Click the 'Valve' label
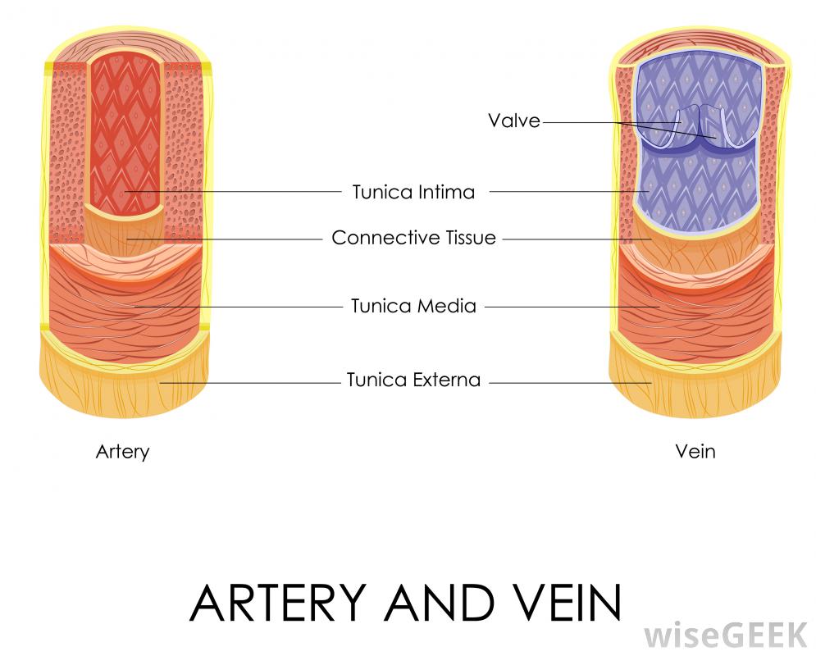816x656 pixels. [x=514, y=121]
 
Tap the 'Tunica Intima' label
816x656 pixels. [x=413, y=192]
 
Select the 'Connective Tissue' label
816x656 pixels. [x=413, y=238]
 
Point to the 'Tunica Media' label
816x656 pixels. [x=413, y=306]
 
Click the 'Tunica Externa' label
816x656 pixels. [x=413, y=380]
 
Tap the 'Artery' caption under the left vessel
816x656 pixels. [x=123, y=451]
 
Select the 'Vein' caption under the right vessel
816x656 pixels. [x=695, y=451]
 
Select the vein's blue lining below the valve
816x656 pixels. [x=697, y=193]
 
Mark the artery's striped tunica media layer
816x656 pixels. [x=123, y=316]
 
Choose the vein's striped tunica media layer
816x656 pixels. [x=695, y=316]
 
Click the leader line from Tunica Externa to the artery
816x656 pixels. [x=246, y=382]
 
